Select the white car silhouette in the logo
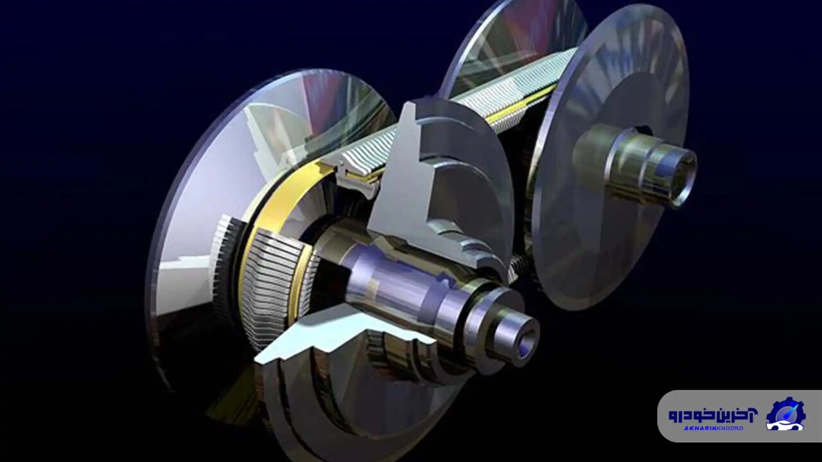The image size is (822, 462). (x=784, y=424)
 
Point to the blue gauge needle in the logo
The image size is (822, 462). (x=789, y=408)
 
